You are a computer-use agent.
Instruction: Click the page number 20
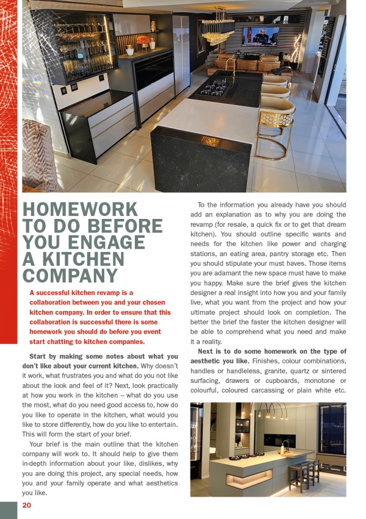click(26, 505)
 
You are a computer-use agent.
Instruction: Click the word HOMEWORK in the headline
click(80, 210)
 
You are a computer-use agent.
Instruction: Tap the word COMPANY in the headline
click(70, 276)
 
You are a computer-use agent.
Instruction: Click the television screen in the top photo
click(260, 37)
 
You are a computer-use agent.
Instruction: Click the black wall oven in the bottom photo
click(279, 440)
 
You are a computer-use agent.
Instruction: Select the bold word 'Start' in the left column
click(41, 356)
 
